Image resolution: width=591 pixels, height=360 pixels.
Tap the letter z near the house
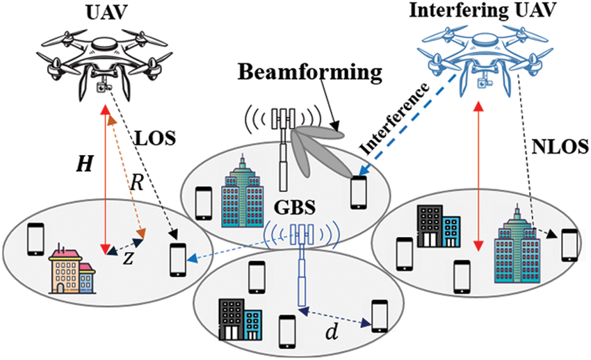click(128, 258)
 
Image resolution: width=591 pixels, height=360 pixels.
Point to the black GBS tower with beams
click(284, 149)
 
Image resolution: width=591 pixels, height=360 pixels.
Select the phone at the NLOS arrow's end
click(569, 243)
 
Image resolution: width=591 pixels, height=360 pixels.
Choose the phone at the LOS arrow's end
click(179, 259)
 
